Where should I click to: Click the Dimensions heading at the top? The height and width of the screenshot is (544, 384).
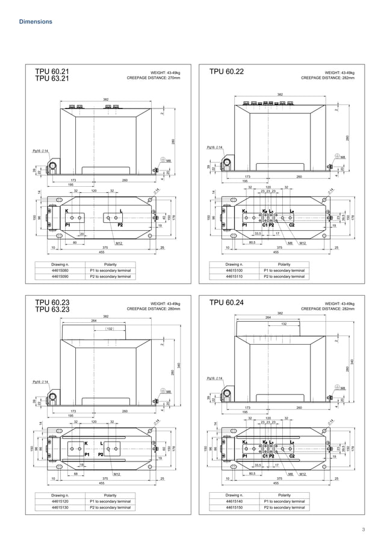[36, 22]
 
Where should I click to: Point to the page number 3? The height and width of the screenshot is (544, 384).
[364, 530]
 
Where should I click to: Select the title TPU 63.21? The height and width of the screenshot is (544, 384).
[52, 78]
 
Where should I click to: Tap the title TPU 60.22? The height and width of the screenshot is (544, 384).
[226, 72]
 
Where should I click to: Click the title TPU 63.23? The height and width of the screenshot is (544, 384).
[52, 310]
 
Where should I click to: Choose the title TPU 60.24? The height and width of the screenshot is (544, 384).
[226, 303]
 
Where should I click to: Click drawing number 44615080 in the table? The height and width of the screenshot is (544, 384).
[60, 270]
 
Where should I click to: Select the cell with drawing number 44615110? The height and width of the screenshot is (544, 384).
[234, 277]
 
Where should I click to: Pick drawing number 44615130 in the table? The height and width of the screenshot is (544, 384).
[60, 508]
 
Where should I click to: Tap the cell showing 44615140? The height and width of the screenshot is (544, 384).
[234, 501]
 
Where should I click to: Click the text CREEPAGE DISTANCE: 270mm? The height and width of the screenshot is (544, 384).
[153, 78]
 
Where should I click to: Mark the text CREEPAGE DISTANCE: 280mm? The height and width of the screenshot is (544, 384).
[153, 309]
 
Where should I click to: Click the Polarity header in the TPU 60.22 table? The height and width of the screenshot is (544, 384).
[284, 264]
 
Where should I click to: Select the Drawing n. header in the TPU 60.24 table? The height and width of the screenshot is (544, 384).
[234, 495]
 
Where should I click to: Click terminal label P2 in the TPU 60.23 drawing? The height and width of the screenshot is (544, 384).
[101, 455]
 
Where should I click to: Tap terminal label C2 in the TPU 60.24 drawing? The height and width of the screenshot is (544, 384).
[292, 455]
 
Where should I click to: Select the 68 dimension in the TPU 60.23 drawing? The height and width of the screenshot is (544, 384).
[75, 474]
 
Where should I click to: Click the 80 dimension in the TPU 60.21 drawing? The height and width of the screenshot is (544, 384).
[75, 243]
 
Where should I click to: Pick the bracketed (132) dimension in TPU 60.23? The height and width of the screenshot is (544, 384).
[110, 328]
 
